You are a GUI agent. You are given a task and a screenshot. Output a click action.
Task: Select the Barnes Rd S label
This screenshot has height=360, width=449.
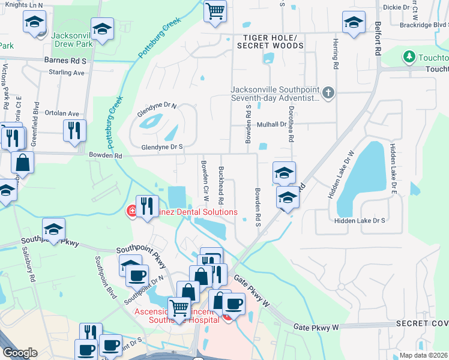coord(65,61)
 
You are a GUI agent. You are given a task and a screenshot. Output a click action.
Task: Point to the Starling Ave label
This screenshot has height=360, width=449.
coord(67,73)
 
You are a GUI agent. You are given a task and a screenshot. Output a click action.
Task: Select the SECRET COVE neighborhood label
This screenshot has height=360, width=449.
coord(421,324)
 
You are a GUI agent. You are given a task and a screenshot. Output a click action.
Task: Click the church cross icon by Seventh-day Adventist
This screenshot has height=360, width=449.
coord(328,93)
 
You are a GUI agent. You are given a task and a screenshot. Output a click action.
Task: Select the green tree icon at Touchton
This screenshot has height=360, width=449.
coord(409,57)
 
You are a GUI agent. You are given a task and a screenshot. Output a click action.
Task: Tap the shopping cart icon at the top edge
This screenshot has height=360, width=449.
coord(215,11)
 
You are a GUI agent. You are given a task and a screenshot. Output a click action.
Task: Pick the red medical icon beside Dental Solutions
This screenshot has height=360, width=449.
coord(130,212)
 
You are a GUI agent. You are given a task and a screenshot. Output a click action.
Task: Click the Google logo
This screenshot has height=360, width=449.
coord(19,353)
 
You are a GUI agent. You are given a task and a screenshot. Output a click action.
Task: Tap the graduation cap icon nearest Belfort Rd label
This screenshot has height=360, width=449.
coord(354,23)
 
